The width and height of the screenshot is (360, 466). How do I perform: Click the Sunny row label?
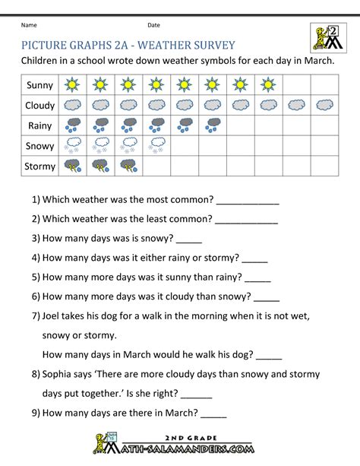coord(40,85)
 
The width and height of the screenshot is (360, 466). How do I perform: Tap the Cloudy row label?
coord(40,105)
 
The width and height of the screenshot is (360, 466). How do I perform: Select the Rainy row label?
coord(40,125)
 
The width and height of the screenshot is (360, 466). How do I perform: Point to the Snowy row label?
coord(40,144)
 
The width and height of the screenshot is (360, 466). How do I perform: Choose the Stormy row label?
coord(40,164)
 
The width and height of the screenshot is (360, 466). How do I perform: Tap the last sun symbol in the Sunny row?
coord(268,85)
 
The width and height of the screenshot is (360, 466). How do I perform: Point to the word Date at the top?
coord(154,26)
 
